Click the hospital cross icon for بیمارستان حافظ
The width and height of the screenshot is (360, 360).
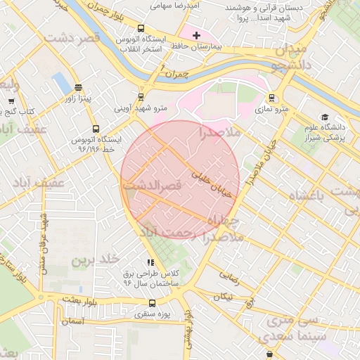click(196, 34)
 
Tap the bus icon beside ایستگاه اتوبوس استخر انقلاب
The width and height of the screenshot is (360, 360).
click(141, 30)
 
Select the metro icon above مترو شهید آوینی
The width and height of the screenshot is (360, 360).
click(141, 98)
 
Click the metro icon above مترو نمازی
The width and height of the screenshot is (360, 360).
click(271, 98)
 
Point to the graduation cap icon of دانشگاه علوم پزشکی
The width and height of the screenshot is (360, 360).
click(324, 117)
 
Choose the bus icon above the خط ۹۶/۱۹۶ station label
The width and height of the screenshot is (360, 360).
click(97, 129)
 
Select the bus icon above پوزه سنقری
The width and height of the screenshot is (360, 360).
click(151, 304)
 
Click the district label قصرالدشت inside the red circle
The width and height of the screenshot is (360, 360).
click(152, 186)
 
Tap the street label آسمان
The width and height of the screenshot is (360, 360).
click(72, 321)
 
